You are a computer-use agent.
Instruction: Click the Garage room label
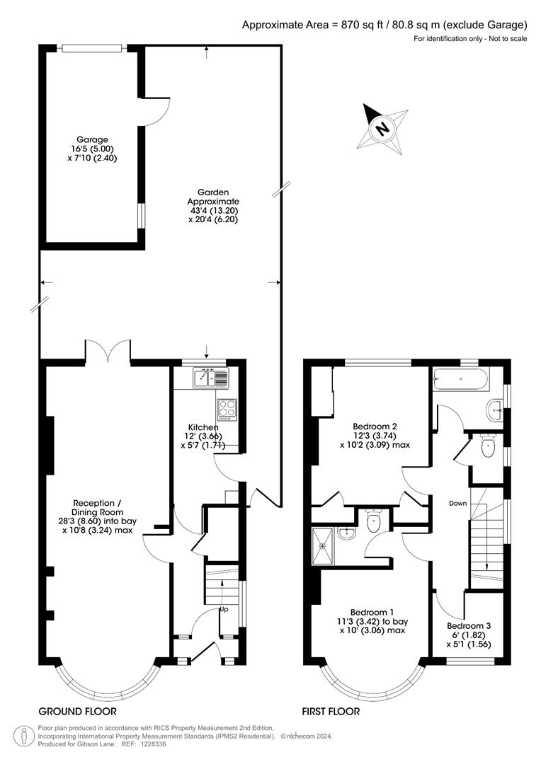[92, 140]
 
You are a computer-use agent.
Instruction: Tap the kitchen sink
[210, 378]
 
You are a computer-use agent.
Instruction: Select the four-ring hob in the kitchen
[227, 410]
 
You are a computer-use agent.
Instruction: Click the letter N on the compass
[382, 129]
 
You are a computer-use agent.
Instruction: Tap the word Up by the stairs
[224, 609]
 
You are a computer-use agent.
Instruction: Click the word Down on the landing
[457, 504]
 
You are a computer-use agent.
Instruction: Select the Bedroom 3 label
[469, 625]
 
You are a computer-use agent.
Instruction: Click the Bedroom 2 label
[375, 427]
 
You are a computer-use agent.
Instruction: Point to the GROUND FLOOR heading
[78, 712]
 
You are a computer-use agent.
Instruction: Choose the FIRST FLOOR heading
[331, 712]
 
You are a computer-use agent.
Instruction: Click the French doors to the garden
[108, 349]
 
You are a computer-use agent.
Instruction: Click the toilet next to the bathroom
[488, 446]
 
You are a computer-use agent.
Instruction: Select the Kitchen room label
[205, 427]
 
